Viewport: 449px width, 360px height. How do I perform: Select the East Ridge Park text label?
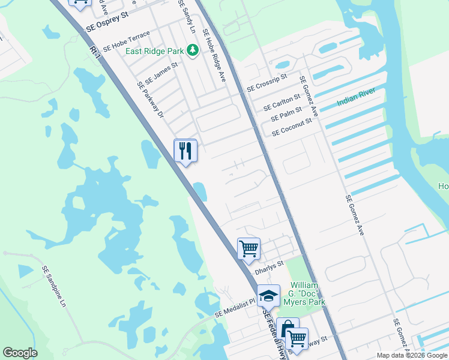pyautogui.click(x=154, y=51)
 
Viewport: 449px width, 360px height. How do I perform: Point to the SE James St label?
pyautogui.click(x=161, y=74)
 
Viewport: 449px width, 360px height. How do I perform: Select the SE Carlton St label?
pyautogui.click(x=282, y=103)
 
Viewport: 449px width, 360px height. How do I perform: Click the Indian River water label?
pyautogui.click(x=356, y=97)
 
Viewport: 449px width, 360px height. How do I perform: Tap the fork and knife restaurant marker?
pyautogui.click(x=185, y=151)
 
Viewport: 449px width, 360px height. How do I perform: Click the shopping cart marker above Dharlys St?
pyautogui.click(x=249, y=248)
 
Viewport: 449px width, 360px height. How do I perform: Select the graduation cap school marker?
pyautogui.click(x=268, y=296)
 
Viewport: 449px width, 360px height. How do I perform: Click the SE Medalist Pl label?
pyautogui.click(x=235, y=308)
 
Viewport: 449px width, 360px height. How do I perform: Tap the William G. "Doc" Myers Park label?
pyautogui.click(x=307, y=293)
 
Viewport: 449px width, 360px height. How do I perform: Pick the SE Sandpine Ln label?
pyautogui.click(x=54, y=287)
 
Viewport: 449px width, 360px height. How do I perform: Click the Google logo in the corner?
pyautogui.click(x=20, y=353)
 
